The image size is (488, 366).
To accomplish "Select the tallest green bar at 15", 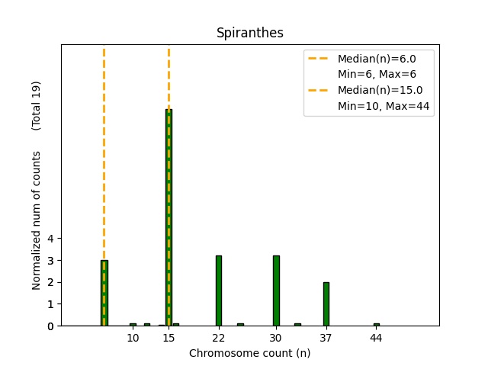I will pyautogui.click(x=169, y=217).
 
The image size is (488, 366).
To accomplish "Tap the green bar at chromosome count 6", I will pyautogui.click(x=104, y=293).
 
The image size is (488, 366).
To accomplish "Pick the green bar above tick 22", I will pyautogui.click(x=219, y=291).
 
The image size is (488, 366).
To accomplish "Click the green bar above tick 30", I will pyautogui.click(x=276, y=291).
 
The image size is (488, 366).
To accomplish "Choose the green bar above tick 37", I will pyautogui.click(x=326, y=303).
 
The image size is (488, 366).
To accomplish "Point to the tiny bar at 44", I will pyautogui.click(x=376, y=324).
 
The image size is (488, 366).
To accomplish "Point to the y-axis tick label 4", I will pyautogui.click(x=51, y=239).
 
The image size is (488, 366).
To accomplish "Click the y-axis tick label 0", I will pyautogui.click(x=51, y=326).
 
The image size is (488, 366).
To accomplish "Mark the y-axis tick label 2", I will pyautogui.click(x=51, y=282).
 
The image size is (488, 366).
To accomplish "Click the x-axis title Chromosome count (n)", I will pyautogui.click(x=250, y=353).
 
